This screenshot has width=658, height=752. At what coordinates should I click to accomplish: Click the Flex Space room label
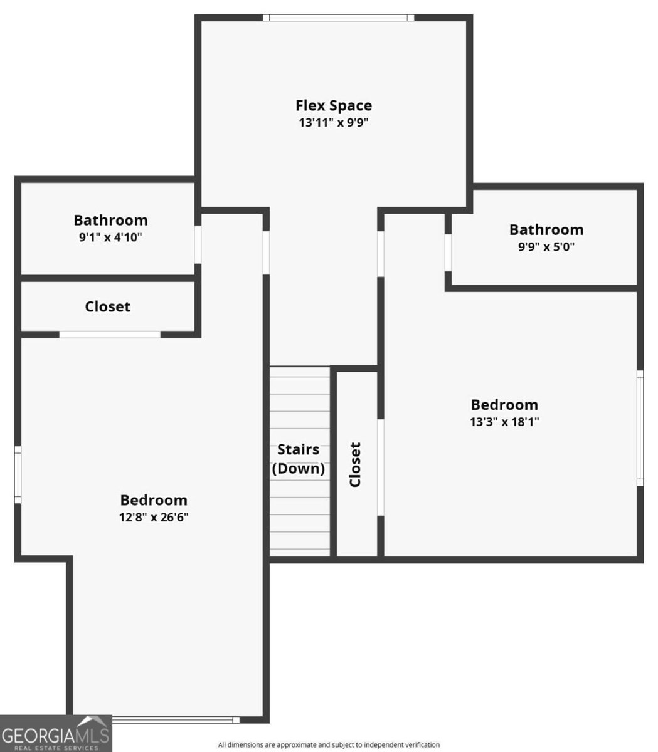tap(334, 106)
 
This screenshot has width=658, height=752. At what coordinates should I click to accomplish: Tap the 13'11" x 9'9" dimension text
tap(333, 122)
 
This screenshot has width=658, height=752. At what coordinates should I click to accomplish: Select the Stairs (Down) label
tap(299, 459)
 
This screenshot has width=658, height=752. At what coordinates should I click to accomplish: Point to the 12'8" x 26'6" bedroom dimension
tap(154, 517)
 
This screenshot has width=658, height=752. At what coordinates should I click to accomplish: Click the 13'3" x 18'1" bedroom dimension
tap(504, 422)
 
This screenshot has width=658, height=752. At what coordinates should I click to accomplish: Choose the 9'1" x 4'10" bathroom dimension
tap(110, 238)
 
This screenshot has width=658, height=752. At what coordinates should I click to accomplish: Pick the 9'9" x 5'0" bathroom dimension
tap(546, 247)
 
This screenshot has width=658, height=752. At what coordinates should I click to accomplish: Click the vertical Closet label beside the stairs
tap(355, 464)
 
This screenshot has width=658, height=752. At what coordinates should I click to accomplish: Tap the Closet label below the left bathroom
tap(107, 306)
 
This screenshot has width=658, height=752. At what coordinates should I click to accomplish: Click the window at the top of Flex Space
tap(338, 18)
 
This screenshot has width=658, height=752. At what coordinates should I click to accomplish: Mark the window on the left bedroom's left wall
tap(18, 475)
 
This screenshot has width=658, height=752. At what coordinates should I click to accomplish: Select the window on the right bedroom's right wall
tap(640, 428)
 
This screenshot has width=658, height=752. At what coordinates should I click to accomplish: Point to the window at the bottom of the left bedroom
tap(176, 719)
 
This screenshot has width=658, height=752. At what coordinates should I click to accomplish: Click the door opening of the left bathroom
tap(198, 244)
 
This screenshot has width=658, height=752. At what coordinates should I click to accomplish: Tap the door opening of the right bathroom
tap(448, 253)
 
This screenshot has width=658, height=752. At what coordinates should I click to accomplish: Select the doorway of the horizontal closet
tap(110, 335)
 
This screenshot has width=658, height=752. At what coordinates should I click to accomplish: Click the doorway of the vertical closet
tap(381, 467)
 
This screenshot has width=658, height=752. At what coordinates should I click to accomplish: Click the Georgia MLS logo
tap(56, 733)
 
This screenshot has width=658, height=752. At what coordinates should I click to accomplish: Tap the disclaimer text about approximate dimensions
tap(329, 744)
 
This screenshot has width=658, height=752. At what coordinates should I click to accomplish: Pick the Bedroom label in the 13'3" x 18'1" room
tap(504, 405)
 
